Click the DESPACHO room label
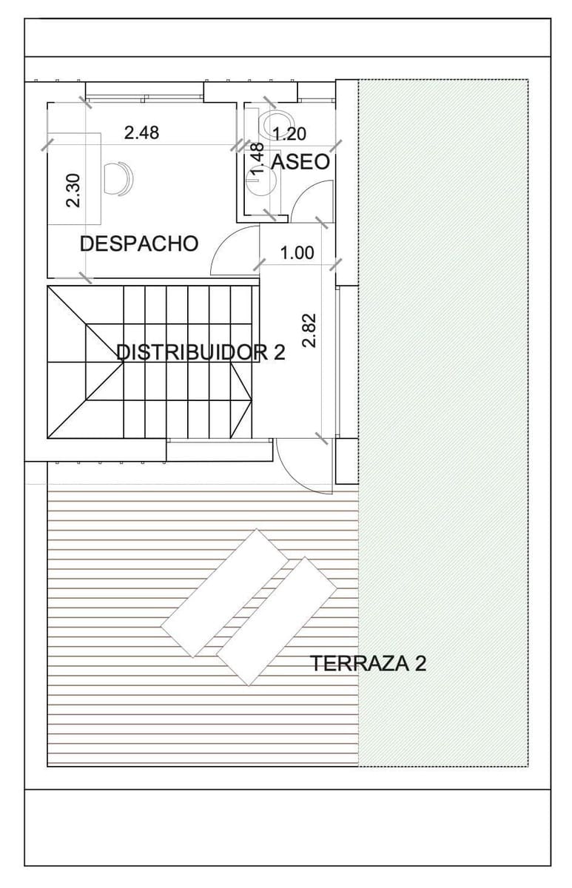[139, 243]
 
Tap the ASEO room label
[300, 161]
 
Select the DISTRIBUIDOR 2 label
[201, 351]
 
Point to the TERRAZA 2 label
[368, 663]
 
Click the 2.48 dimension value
[141, 132]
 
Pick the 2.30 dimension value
[73, 190]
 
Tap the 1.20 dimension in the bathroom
[290, 134]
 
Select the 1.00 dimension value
[297, 253]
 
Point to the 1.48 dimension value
[258, 158]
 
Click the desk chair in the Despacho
[119, 178]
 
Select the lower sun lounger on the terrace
[278, 620]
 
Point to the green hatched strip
[443, 422]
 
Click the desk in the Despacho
[75, 178]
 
